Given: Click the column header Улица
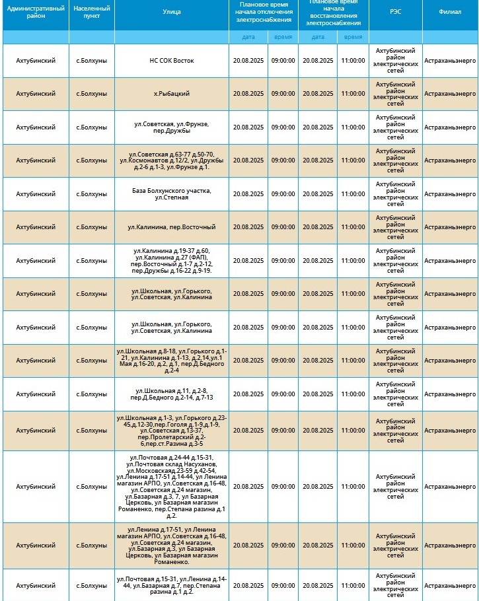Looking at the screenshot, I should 171,12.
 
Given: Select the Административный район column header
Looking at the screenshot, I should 35,12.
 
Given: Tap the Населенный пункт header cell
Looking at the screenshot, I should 91,12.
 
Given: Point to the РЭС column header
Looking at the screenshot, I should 395,12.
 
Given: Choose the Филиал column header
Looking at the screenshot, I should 450,12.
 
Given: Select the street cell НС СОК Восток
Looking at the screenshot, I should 171,61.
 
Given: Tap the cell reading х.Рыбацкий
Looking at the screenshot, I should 171,94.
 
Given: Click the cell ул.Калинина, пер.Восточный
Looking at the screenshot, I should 171,227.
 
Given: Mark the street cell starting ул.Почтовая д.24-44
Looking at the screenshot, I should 171,487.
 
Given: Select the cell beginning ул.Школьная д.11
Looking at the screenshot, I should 171,394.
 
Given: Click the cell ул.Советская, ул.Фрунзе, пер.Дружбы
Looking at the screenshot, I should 171,127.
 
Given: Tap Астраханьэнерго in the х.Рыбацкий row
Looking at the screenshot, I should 450,94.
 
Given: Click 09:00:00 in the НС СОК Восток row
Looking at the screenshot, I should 283,61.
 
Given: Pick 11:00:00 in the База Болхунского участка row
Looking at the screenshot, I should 353,194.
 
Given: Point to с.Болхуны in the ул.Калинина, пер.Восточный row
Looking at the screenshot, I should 91,227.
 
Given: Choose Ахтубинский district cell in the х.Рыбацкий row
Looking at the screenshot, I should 35,94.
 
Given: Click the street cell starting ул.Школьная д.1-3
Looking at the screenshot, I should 171,431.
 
